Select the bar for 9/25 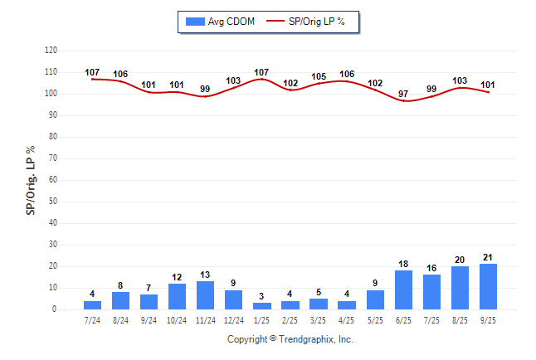[488, 287]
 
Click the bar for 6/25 [403, 290]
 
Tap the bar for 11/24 [205, 295]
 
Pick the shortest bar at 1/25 [262, 306]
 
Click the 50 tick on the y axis [52, 202]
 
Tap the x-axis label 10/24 [177, 319]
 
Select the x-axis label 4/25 [347, 319]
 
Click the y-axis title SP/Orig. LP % [31, 179]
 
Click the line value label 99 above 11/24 [205, 89]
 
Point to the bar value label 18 [403, 264]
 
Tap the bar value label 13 [205, 275]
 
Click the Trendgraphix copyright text [290, 339]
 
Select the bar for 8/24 [120, 300]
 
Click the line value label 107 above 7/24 [92, 72]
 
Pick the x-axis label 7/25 [431, 319]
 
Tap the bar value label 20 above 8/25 [460, 260]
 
